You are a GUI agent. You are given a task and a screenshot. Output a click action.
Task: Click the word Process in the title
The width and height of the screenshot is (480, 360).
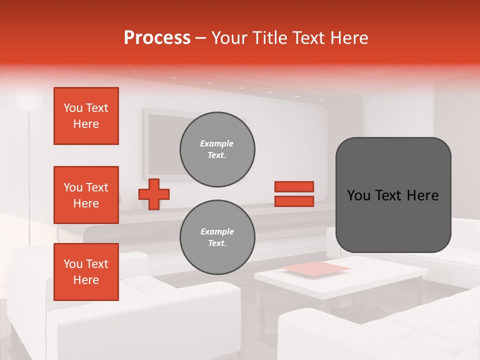tap(157, 37)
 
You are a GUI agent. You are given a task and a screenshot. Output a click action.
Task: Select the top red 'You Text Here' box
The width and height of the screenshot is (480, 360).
tap(86, 116)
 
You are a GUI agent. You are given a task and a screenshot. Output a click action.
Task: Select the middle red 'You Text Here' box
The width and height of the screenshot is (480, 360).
tap(86, 195)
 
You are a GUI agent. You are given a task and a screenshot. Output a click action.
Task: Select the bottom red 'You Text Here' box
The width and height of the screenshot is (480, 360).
tap(86, 272)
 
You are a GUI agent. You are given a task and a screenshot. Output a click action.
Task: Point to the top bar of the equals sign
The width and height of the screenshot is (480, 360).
tap(294, 186)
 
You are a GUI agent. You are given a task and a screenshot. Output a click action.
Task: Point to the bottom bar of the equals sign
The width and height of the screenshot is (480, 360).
tap(294, 201)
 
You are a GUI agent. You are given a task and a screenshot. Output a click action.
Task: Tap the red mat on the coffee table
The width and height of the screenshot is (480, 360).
tap(316, 268)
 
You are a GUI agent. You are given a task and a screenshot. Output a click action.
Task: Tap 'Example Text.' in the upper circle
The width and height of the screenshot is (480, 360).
tap(217, 149)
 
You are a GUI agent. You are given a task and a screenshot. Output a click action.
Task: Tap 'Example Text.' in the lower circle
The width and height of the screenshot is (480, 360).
tap(217, 237)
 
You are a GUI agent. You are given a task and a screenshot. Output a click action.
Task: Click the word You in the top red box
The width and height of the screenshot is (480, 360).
tap(73, 108)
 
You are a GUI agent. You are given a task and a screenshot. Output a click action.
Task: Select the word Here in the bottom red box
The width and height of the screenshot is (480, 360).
tap(86, 280)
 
